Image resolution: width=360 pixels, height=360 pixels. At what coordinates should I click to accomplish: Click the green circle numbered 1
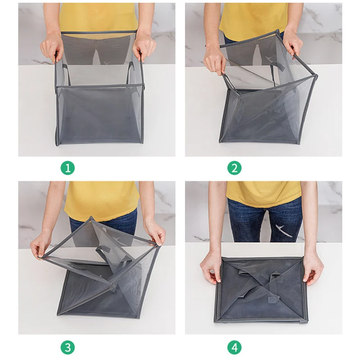click(x=68, y=168)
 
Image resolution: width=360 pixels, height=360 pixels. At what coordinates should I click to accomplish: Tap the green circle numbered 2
click(x=234, y=168)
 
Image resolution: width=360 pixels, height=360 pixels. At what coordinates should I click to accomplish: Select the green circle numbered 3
click(x=68, y=347)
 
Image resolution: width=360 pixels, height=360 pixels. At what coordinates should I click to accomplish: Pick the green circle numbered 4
click(x=234, y=347)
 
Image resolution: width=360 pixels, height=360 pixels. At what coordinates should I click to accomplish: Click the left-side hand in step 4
click(x=211, y=270)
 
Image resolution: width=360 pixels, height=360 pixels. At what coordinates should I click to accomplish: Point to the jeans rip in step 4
click(x=284, y=230)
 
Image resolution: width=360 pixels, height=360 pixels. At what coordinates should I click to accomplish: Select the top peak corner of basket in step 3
click(x=91, y=217)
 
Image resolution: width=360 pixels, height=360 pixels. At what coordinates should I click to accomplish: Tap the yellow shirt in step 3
click(x=101, y=200)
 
